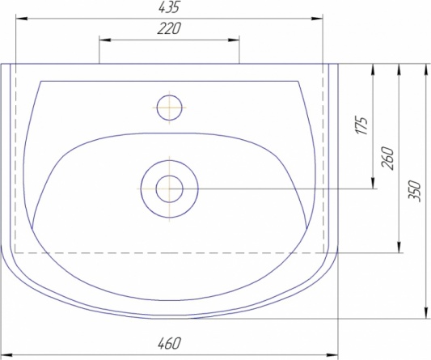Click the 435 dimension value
(x=169, y=8)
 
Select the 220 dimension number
(x=169, y=28)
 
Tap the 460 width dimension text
(x=169, y=343)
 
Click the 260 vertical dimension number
(x=387, y=158)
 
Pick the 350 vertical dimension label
(x=415, y=191)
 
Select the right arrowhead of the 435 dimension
(x=317, y=19)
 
